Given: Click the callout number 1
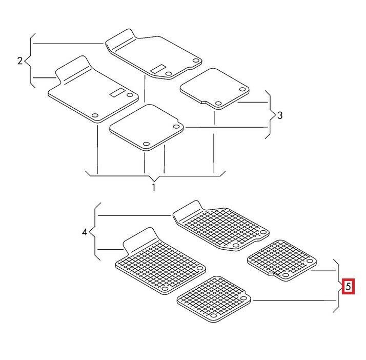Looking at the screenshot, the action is (154, 187).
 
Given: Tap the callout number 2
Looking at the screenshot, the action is (20, 61).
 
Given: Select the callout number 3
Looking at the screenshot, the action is (280, 115).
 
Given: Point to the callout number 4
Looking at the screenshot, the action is (85, 232).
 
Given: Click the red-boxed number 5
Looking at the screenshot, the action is (348, 286).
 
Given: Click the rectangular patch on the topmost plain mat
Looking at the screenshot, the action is (158, 69).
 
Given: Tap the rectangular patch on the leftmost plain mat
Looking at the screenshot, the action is (117, 93).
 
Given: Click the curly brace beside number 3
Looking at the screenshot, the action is (270, 115).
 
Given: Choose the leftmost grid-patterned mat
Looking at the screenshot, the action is (160, 261).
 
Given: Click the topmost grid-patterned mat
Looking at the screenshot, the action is (221, 226).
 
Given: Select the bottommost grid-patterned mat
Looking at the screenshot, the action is (214, 299).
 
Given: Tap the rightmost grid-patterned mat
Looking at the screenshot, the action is (282, 261).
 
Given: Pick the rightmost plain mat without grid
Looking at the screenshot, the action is (214, 89).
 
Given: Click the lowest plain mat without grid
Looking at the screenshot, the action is (147, 128).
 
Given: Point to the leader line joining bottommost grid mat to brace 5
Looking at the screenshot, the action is (295, 300).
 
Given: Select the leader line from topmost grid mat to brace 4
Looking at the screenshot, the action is (134, 215).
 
